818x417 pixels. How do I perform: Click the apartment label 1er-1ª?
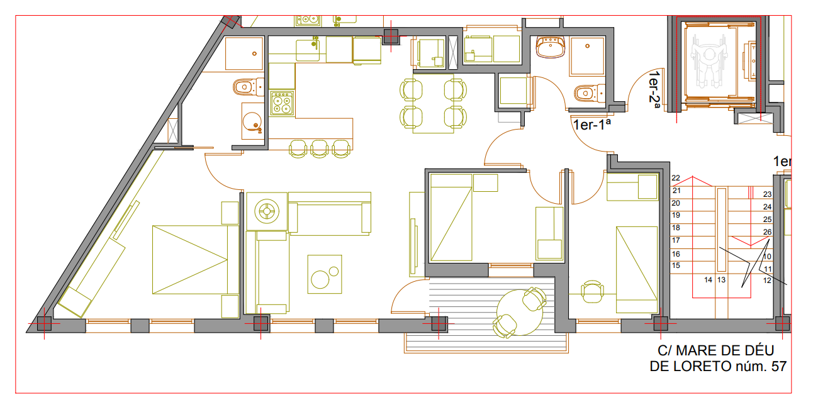(591, 125)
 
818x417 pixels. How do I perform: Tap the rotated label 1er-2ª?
(654, 90)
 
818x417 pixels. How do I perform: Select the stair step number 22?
(676, 178)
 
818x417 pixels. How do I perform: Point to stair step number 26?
(767, 232)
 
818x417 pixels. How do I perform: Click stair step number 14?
(708, 280)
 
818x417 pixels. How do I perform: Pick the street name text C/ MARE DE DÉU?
(716, 350)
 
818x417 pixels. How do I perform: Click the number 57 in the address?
(778, 366)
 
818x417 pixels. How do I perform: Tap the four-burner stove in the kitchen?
(282, 103)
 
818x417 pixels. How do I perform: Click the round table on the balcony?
(520, 312)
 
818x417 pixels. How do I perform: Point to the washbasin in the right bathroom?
(551, 47)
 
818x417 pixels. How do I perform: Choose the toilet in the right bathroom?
(590, 93)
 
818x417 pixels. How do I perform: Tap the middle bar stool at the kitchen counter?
(320, 149)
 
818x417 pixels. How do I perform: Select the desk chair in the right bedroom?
(591, 292)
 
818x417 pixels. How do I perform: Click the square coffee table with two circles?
(325, 274)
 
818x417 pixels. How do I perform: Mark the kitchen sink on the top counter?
(308, 50)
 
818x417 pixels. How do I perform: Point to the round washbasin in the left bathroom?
(252, 121)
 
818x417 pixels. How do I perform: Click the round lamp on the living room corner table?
(267, 211)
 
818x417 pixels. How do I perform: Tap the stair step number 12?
(767, 281)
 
